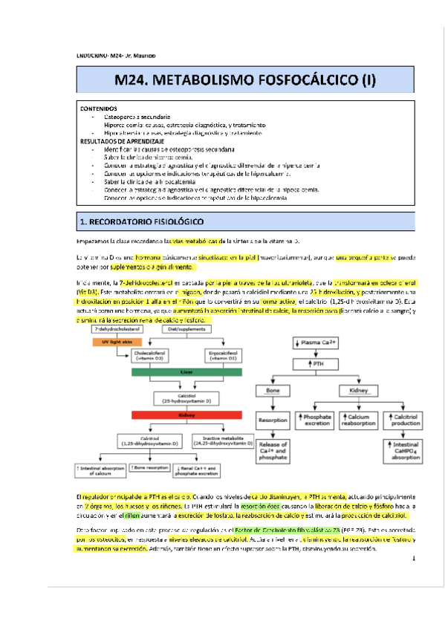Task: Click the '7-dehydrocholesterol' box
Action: tap(114, 328)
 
